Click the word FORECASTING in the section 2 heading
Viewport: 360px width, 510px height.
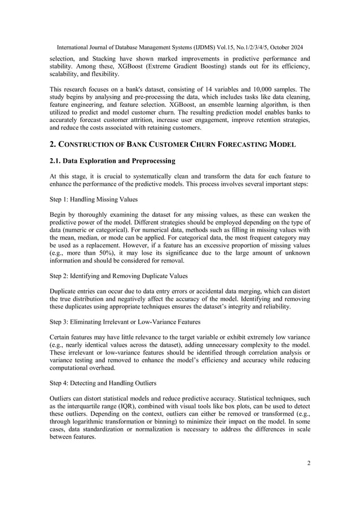[233, 145]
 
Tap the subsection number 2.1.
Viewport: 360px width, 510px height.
[58, 161]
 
